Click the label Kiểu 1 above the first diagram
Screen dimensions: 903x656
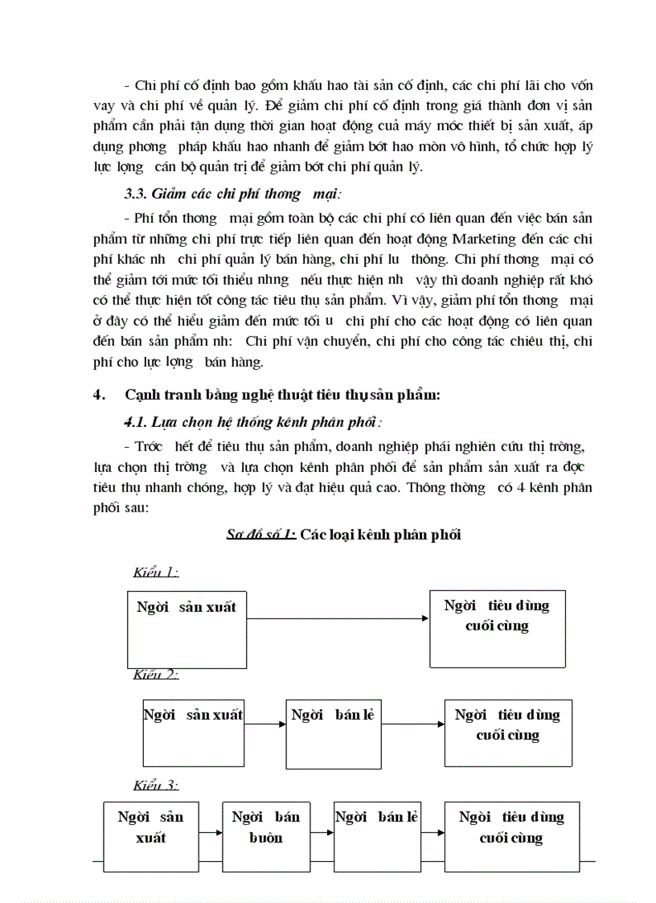[x=155, y=573]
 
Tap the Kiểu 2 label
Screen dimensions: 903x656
[x=155, y=674]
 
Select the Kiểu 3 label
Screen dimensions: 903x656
[x=155, y=785]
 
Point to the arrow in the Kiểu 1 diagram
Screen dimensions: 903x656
[x=338, y=618]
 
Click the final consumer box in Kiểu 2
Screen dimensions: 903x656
[x=507, y=732]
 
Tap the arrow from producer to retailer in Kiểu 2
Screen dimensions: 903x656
[x=265, y=724]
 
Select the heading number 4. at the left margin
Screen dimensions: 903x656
[x=100, y=395]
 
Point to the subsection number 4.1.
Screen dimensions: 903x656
[x=133, y=421]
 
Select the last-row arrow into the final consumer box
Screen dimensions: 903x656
[x=433, y=831]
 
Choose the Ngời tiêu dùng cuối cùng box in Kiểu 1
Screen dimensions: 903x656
[x=497, y=627]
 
